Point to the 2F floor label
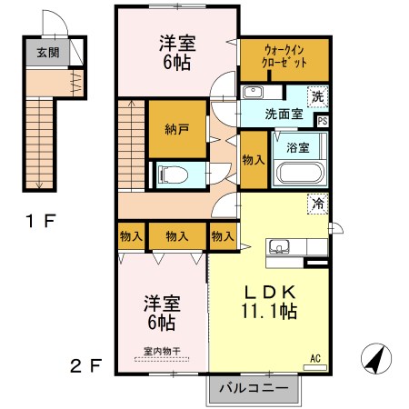tap(85, 366)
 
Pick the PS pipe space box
tap(323, 119)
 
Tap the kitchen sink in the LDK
tap(279, 246)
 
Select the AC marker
tap(317, 358)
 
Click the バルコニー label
tap(254, 388)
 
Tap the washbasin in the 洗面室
tap(253, 92)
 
